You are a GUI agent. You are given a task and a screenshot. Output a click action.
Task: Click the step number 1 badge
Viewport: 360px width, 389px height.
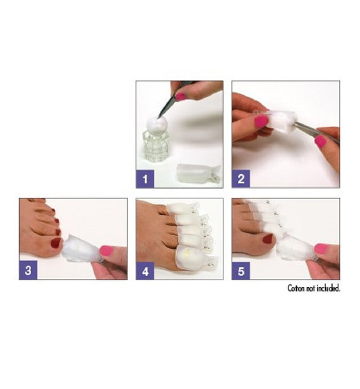point(145,179)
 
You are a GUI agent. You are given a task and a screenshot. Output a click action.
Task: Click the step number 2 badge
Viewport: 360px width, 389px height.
point(241,179)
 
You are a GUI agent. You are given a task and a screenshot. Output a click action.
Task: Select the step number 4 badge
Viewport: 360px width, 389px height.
point(145,271)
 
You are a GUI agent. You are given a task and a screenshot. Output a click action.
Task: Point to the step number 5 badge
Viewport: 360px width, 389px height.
point(241,271)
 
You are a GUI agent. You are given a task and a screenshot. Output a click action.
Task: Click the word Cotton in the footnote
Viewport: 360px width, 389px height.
point(298,288)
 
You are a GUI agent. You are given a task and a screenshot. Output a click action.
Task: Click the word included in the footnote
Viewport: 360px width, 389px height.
point(328,288)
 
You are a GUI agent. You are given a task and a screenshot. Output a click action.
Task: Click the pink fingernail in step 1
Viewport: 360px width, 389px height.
point(181,96)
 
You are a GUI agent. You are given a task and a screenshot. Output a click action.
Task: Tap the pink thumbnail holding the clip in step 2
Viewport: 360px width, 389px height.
point(261,121)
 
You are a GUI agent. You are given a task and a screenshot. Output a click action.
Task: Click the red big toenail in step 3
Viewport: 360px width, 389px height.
point(56,243)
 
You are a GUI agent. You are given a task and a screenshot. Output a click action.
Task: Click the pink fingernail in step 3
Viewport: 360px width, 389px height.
point(106,250)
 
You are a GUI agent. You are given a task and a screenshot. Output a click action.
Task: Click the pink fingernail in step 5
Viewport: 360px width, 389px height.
point(321,248)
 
